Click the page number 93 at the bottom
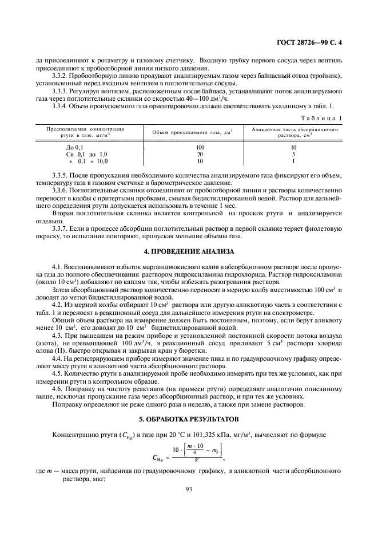point(189,489)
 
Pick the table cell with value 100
point(184,147)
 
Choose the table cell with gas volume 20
point(184,154)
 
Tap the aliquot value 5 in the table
point(293,154)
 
